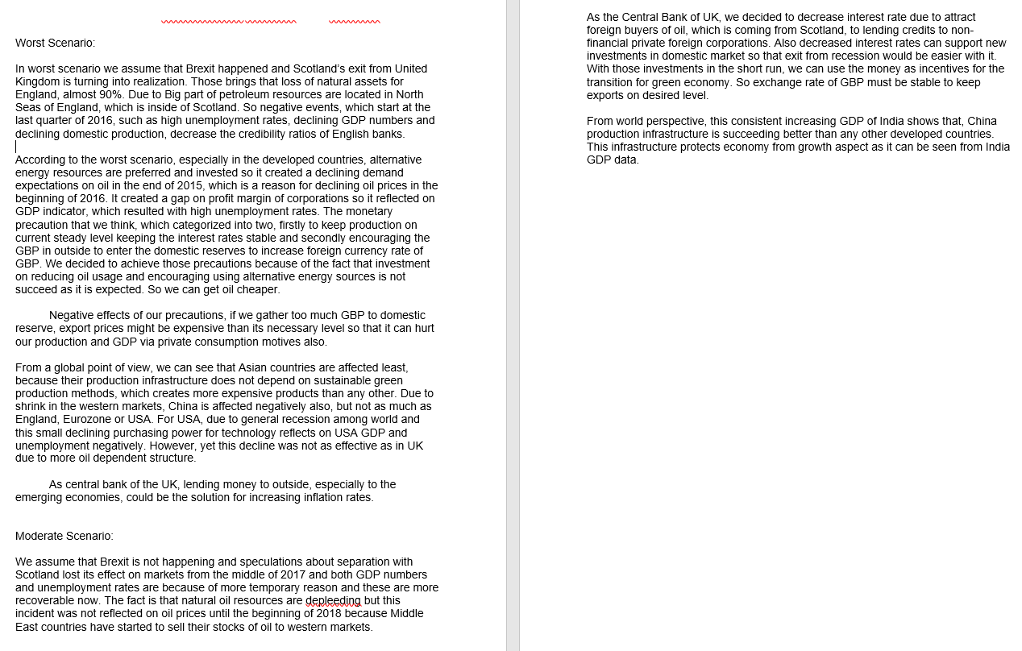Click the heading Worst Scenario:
55,43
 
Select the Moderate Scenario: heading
64,536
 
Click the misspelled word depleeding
333,600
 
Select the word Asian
254,367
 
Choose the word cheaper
257,289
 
